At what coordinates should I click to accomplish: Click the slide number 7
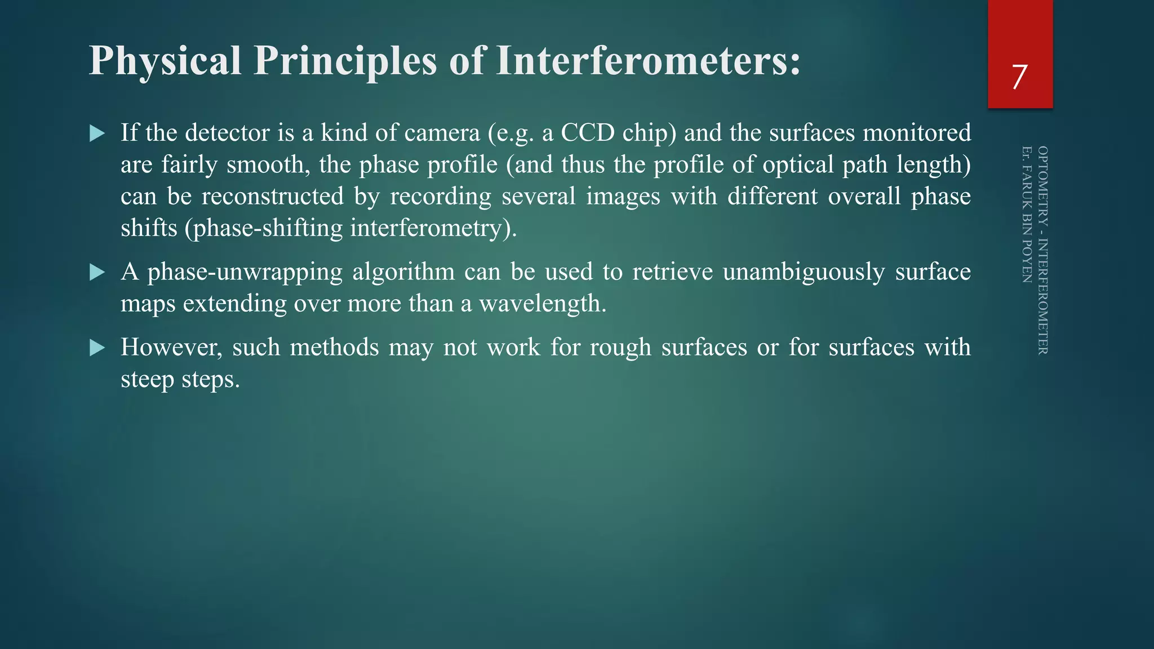pos(1019,77)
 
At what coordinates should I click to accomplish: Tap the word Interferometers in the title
pos(648,61)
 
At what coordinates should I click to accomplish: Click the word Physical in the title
pos(165,61)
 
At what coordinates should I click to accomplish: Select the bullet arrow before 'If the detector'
pos(97,134)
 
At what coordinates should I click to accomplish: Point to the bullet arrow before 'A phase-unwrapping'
pos(97,273)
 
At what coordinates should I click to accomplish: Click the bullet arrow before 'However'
pos(97,348)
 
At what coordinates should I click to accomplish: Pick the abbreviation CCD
pos(588,133)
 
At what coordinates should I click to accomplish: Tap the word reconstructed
pos(273,197)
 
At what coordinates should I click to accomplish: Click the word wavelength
pos(542,304)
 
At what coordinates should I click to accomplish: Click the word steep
pos(148,379)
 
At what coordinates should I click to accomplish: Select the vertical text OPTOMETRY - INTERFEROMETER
pos(1043,250)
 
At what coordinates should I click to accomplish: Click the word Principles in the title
pos(345,61)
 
